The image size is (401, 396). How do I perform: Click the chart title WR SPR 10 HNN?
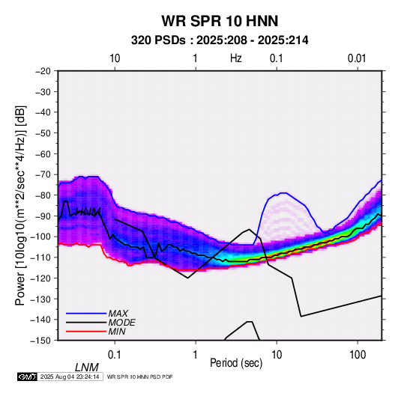[x=220, y=21]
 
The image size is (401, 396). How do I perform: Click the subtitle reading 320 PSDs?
[x=158, y=40]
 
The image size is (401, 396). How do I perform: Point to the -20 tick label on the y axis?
[x=43, y=71]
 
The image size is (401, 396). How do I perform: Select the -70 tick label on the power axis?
[x=43, y=174]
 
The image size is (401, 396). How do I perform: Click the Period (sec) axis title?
[x=236, y=363]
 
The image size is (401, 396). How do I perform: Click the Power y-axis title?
[x=20, y=206]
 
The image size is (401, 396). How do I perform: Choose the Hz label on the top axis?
[x=236, y=58]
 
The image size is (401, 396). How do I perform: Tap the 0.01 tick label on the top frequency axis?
[x=357, y=58]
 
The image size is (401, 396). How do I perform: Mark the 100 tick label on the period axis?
[x=358, y=355]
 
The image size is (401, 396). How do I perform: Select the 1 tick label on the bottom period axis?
[x=195, y=355]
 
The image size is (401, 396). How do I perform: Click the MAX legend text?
[x=118, y=314]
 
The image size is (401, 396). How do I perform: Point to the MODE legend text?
[x=121, y=323]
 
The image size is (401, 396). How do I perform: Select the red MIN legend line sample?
[x=86, y=332]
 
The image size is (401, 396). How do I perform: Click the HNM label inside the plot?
[x=88, y=212]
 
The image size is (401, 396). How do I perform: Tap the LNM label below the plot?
[x=86, y=368]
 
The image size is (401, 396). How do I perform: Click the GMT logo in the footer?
[x=28, y=377]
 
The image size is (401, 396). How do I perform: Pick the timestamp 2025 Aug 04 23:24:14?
[x=70, y=377]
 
